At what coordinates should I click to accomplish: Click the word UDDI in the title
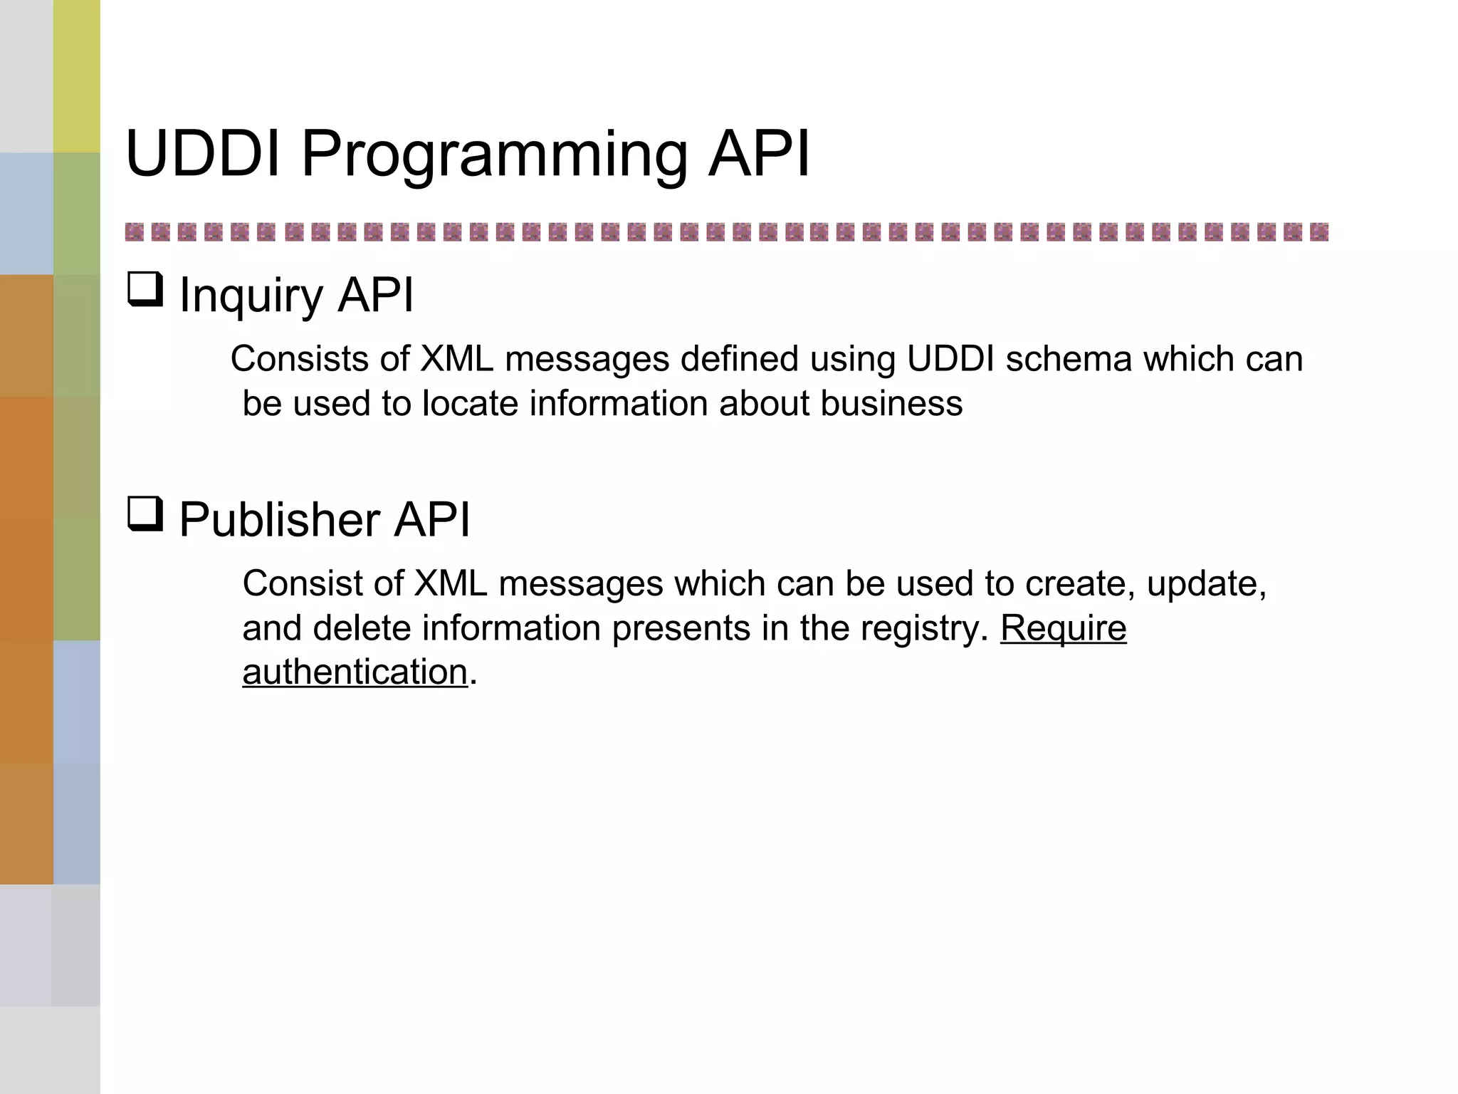coord(203,154)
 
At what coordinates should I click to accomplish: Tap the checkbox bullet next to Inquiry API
coord(145,290)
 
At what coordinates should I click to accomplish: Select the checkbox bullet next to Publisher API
coord(145,514)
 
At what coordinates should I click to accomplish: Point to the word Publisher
coord(279,519)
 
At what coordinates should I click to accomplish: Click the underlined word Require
coord(1063,629)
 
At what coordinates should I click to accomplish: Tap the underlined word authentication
coord(355,672)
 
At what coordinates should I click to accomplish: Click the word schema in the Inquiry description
coord(1068,359)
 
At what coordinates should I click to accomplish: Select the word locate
coord(470,404)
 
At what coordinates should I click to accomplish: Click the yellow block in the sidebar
coord(76,76)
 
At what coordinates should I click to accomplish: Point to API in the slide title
coord(759,154)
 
